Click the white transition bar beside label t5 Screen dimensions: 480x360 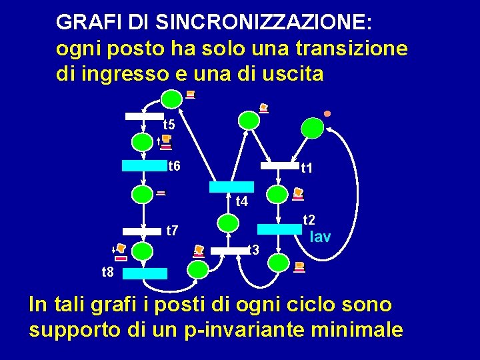pyautogui.click(x=144, y=116)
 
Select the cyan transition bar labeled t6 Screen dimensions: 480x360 pyautogui.click(x=143, y=166)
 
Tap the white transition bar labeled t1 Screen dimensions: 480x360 pyautogui.click(x=279, y=165)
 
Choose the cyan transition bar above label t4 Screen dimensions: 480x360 pyautogui.click(x=232, y=187)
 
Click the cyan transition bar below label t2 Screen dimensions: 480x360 pyautogui.click(x=279, y=229)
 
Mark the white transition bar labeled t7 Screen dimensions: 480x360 pyautogui.click(x=143, y=231)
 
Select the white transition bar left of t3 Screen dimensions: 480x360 pyautogui.click(x=229, y=251)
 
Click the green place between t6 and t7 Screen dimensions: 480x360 pyautogui.click(x=143, y=195)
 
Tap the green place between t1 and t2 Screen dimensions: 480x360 pyautogui.click(x=277, y=195)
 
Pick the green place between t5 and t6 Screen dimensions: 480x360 pyautogui.click(x=142, y=141)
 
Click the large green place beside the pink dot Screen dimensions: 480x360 pyautogui.click(x=312, y=127)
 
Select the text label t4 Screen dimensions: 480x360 pyautogui.click(x=242, y=201)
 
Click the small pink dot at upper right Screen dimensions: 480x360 pyautogui.click(x=327, y=113)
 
